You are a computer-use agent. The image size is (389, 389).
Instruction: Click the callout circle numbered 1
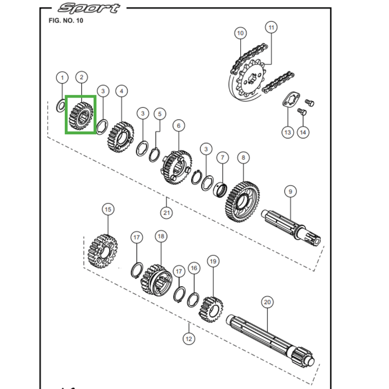pos(62,77)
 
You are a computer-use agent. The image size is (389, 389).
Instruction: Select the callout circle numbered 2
pos(81,77)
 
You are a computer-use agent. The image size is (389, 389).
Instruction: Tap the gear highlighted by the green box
pos(81,114)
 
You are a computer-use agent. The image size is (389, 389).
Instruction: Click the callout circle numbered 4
pos(121,90)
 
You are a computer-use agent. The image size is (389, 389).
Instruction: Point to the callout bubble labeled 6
pos(178,126)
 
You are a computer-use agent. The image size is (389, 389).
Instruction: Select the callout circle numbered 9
pos(290,192)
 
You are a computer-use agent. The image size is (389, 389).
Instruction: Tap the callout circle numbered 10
pos(240,34)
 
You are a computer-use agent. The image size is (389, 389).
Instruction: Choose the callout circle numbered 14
pos(303,132)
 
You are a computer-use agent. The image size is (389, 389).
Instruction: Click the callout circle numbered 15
pos(107,210)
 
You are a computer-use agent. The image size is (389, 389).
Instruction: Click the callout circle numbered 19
pos(212,262)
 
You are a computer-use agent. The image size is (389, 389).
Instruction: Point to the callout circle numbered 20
pos(267,302)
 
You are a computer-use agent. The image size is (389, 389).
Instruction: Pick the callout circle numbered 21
pos(167,213)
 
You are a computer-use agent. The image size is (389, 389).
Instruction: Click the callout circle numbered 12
pos(189,338)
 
